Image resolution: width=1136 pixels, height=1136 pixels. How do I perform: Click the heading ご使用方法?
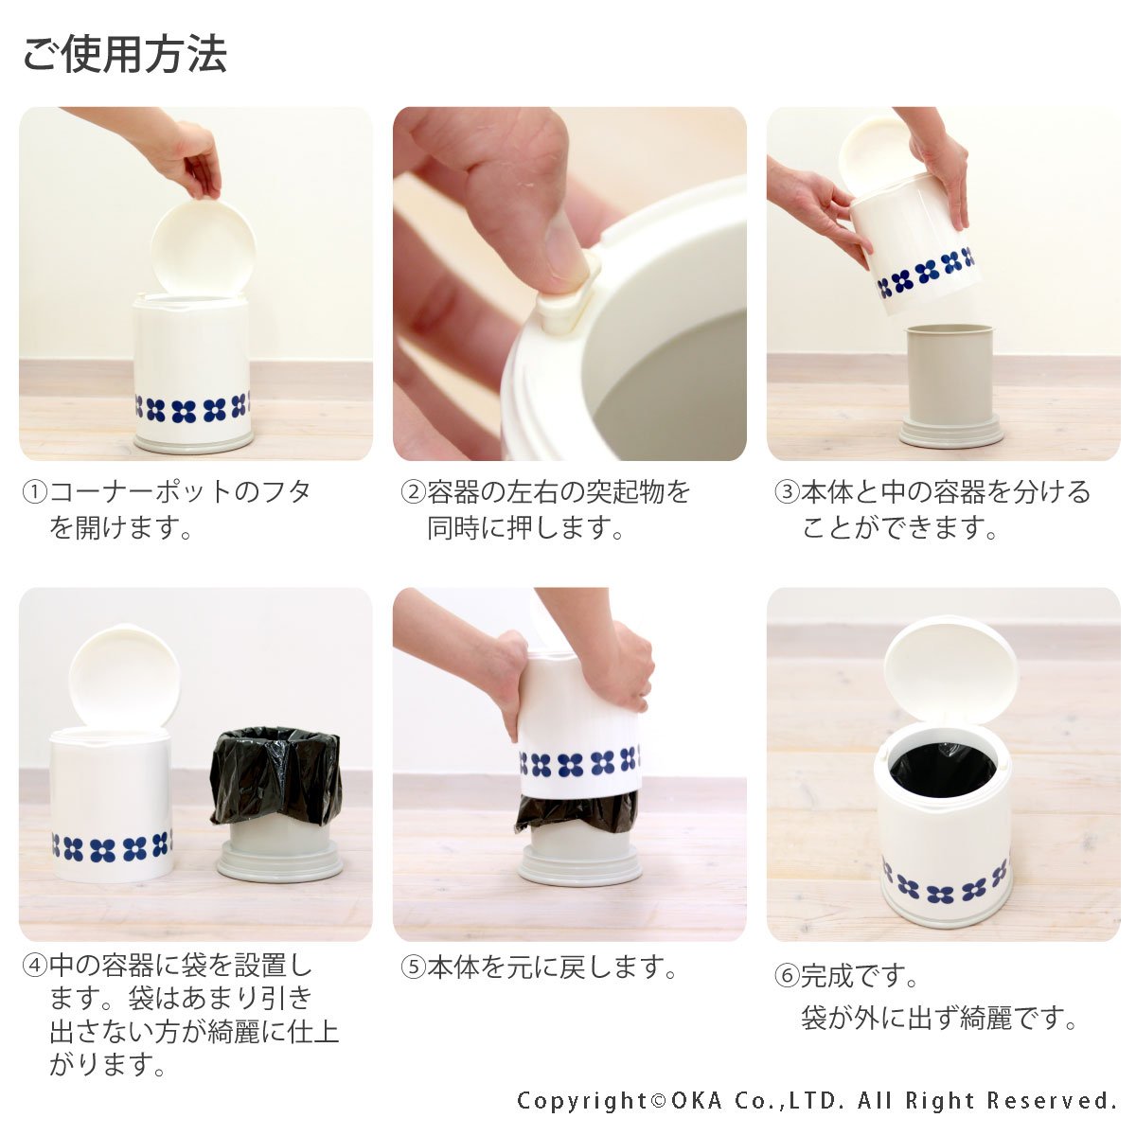124,55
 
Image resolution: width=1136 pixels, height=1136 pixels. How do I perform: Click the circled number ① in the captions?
35,491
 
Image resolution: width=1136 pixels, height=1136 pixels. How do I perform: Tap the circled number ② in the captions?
414,491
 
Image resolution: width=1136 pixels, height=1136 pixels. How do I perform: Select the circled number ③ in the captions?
787,491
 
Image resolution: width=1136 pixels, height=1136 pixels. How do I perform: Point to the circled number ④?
35,965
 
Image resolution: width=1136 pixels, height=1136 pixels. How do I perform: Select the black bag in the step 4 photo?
275,776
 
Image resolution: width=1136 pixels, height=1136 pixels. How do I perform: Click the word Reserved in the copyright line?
1051,1100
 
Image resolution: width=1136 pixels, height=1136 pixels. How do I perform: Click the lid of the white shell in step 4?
124,676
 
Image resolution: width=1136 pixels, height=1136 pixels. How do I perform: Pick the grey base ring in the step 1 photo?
194,441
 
